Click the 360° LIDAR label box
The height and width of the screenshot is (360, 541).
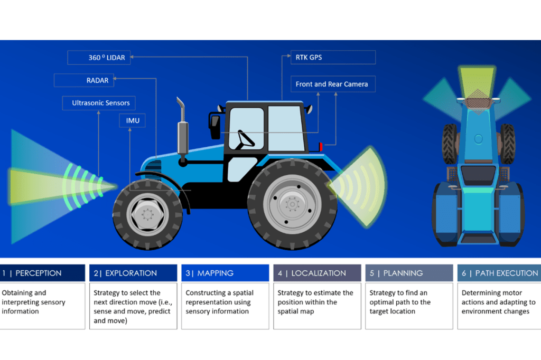[99, 57]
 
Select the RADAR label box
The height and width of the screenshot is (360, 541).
[83, 80]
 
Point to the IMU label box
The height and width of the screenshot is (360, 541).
[133, 121]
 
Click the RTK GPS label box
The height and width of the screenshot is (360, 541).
[333, 57]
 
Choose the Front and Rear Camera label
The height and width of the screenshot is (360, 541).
[332, 84]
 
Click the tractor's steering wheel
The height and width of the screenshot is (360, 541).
[246, 139]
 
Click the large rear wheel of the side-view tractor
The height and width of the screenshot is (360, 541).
[292, 204]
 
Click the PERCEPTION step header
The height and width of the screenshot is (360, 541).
[42, 273]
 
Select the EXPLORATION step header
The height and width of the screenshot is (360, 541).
[133, 273]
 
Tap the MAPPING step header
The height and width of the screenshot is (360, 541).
[225, 273]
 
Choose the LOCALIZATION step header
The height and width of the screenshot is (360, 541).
[317, 273]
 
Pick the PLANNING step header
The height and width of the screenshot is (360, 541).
[409, 273]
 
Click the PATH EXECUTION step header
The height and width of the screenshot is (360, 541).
[499, 273]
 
